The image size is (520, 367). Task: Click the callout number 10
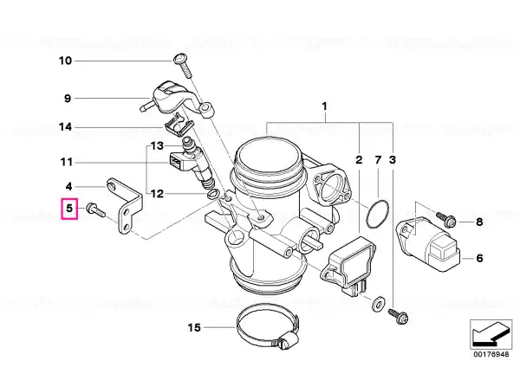coord(65,61)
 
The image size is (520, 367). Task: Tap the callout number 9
coord(68,99)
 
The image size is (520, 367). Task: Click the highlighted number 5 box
coord(69,209)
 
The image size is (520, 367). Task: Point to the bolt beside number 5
coord(95,210)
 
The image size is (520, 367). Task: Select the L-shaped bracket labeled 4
coord(127,205)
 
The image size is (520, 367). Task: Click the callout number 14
coord(65,127)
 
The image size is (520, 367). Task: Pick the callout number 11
coord(67,163)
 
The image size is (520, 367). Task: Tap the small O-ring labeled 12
coord(212,194)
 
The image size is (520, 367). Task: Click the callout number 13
coord(157,145)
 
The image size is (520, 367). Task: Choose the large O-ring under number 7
coord(378,214)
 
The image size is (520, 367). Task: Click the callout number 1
coord(324,106)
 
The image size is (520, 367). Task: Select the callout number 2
coord(359,160)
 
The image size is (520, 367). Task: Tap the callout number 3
coord(393,160)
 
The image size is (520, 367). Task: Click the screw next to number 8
coord(446,219)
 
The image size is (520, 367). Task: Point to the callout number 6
coord(479,258)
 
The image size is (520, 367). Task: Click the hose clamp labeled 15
coord(268,325)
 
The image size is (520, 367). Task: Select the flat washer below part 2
coord(377,303)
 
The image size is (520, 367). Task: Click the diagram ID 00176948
coord(491,354)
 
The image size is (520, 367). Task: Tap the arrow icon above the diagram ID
coord(491,333)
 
